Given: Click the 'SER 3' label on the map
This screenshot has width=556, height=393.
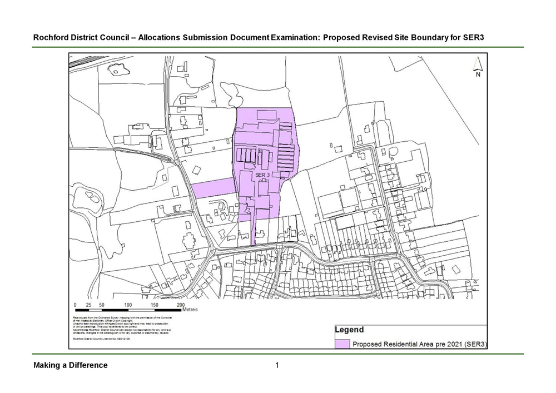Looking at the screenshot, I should point(262,175).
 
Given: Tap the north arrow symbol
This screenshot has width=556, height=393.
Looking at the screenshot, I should point(478,65).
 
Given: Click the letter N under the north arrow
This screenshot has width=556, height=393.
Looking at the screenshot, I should point(478,76).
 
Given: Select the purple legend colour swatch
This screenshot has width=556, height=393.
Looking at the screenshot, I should point(342,344).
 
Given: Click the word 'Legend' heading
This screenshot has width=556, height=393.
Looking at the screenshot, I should point(349,330).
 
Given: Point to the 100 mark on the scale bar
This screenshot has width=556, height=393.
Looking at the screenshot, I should point(128,305).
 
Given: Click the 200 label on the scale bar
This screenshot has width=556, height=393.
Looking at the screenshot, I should point(181,305).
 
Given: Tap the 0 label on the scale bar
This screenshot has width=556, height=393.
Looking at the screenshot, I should point(75,305).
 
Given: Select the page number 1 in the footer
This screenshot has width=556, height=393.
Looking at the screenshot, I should point(277,365).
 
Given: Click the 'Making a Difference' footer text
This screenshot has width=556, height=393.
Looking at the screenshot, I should point(71,365).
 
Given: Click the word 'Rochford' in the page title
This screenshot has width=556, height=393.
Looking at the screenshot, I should point(50,38).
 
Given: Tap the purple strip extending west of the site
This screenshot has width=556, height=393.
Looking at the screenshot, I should point(214,188).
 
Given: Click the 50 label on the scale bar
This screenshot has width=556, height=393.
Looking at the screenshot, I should point(102,305).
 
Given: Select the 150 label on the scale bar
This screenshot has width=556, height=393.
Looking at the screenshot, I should point(155,305).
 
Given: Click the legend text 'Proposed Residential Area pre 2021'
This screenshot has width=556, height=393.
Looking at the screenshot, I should point(411,344).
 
